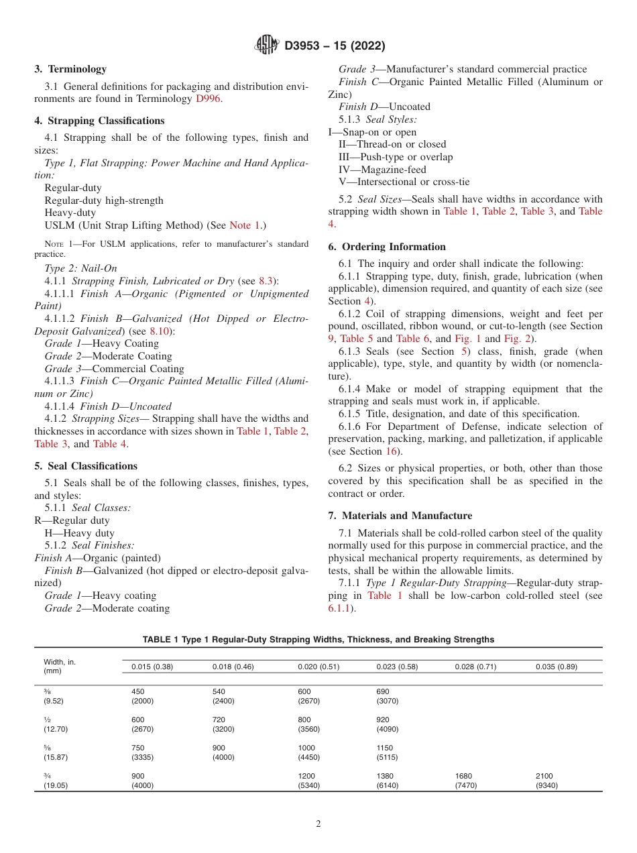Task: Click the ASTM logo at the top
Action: click(x=266, y=46)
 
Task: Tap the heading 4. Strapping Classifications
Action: click(x=99, y=121)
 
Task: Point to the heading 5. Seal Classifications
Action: click(x=86, y=466)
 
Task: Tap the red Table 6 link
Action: click(x=413, y=339)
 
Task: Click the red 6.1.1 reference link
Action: click(x=341, y=608)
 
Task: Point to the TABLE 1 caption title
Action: click(x=318, y=640)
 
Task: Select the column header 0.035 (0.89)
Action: click(x=556, y=667)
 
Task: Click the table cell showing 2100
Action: click(x=544, y=776)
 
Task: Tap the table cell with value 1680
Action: click(x=463, y=776)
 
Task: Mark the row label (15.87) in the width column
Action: click(x=56, y=757)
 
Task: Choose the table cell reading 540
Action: click(x=219, y=691)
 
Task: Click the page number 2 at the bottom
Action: click(x=318, y=824)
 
